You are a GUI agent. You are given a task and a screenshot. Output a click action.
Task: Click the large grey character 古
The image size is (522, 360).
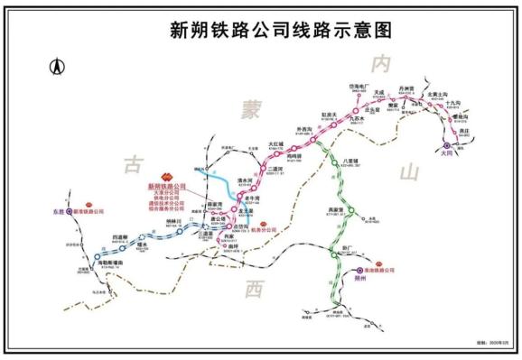coord(133,163)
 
